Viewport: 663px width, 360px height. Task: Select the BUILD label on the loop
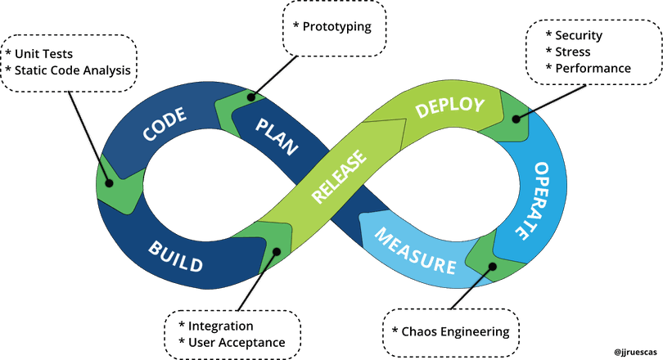(177, 255)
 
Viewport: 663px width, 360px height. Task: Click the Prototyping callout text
(331, 26)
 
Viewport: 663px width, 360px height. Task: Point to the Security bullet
(578, 35)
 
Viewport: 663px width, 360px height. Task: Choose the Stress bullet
(573, 52)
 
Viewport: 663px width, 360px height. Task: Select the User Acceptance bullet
(232, 341)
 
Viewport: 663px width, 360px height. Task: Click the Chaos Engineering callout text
(449, 331)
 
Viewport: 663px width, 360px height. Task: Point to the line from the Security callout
(545, 97)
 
